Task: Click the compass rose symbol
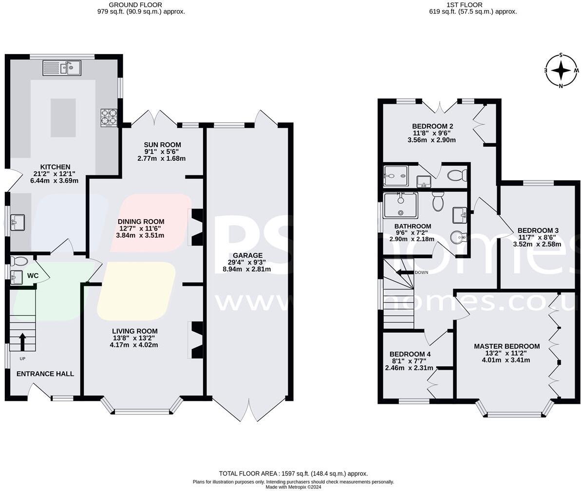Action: point(561,71)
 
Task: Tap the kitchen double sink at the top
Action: point(62,68)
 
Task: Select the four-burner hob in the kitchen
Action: point(109,117)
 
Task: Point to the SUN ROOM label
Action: point(162,145)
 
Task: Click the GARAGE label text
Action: point(247,255)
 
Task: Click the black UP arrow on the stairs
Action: point(22,341)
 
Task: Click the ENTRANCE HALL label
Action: point(45,374)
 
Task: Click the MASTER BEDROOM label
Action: point(506,346)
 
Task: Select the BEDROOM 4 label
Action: point(410,354)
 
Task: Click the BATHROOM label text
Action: point(412,226)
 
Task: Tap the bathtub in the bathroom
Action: point(400,205)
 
